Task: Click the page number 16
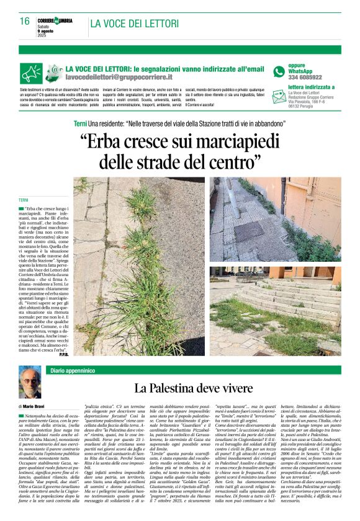[25, 21]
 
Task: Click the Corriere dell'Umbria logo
[55, 21]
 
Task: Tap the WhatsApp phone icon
[279, 71]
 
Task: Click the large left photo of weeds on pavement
[140, 266]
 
